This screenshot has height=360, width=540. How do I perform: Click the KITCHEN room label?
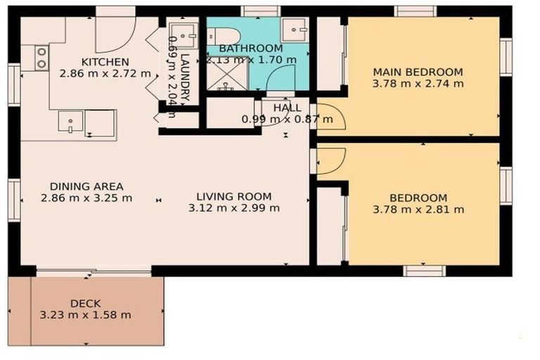point(105,62)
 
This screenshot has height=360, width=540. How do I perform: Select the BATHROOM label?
point(250,49)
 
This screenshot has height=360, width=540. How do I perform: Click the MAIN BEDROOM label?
point(418,72)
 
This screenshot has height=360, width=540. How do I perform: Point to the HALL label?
point(288,108)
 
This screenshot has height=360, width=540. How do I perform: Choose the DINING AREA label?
point(86,186)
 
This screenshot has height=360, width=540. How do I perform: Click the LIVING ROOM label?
point(234,196)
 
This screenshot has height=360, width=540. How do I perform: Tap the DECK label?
point(85,303)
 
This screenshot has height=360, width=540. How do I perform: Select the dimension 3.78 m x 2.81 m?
point(418,209)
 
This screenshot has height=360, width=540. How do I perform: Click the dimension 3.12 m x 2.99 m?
point(234,207)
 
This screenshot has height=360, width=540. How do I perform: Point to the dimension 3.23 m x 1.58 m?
point(85,314)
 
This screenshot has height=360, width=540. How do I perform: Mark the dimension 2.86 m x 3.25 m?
point(86,198)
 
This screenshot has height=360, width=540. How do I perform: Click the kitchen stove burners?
point(41,57)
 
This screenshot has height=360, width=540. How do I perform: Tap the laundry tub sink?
point(186,33)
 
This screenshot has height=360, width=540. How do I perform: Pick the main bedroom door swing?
point(330,117)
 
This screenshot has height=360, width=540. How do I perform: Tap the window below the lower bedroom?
point(425,271)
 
